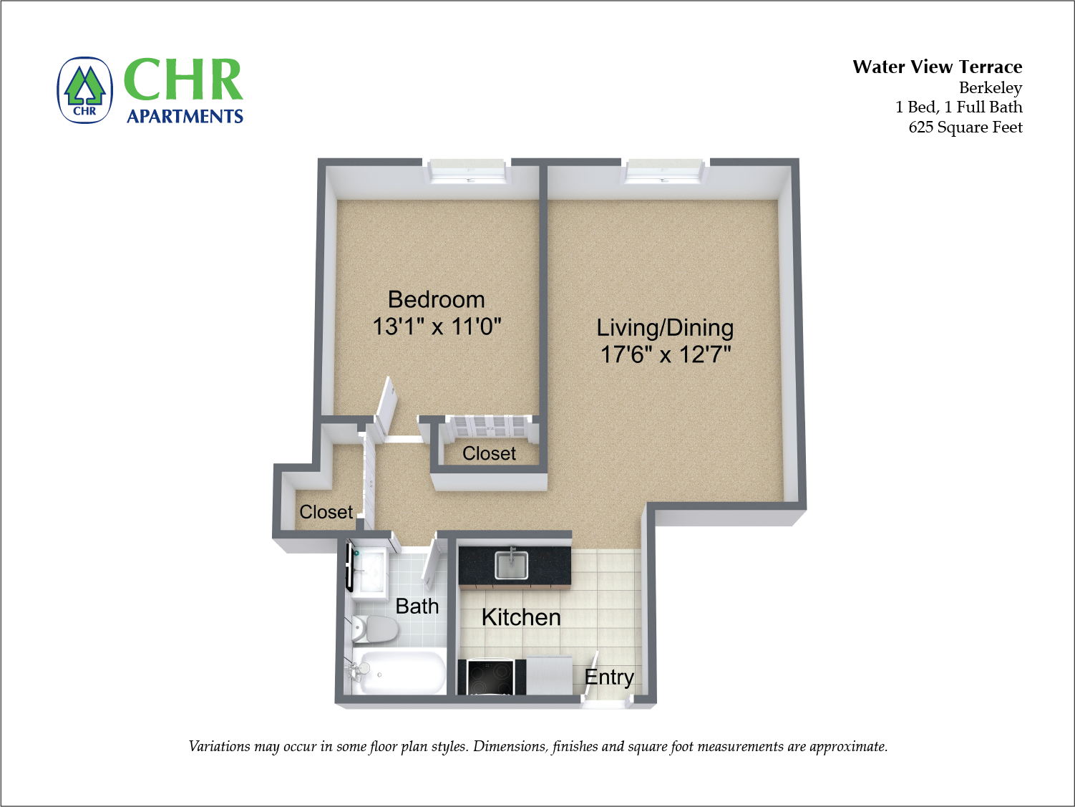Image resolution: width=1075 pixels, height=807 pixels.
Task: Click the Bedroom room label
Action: tap(436, 299)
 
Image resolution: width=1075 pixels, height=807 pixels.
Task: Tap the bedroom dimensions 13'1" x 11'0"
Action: tap(437, 327)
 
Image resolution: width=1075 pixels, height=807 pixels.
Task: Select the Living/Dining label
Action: tap(665, 328)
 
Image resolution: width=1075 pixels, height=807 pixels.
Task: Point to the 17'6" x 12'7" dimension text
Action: tap(665, 354)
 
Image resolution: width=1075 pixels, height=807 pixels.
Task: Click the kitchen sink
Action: tap(511, 565)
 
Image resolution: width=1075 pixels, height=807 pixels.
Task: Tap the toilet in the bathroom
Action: tap(374, 629)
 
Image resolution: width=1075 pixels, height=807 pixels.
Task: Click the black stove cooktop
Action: tap(490, 677)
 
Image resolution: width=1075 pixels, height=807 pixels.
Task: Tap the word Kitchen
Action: tap(521, 617)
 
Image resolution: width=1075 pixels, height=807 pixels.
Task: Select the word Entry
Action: tap(609, 677)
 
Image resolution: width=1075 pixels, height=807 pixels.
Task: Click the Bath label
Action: tap(417, 607)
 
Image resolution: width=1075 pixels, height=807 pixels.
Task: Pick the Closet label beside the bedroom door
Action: tap(489, 453)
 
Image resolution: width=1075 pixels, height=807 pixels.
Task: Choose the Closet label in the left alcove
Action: tap(326, 512)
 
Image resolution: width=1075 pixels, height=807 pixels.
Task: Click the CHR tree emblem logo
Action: tap(84, 90)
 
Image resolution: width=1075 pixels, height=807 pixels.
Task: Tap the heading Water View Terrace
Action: tap(937, 67)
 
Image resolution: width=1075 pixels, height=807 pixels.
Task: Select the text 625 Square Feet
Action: tap(965, 127)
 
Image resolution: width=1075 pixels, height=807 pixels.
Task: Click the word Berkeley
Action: tap(990, 87)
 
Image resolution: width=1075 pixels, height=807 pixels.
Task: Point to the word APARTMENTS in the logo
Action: tap(185, 116)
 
